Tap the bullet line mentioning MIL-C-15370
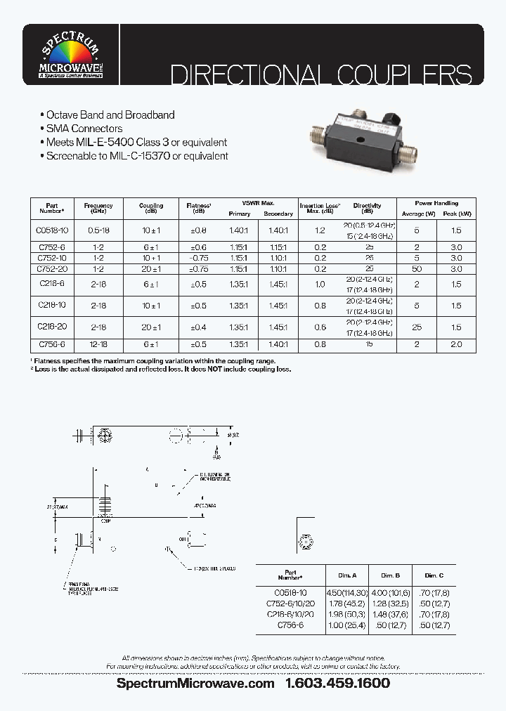tap(134, 156)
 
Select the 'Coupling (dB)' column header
tap(151, 209)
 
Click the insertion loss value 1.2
tap(320, 230)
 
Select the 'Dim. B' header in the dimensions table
tap(390, 574)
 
